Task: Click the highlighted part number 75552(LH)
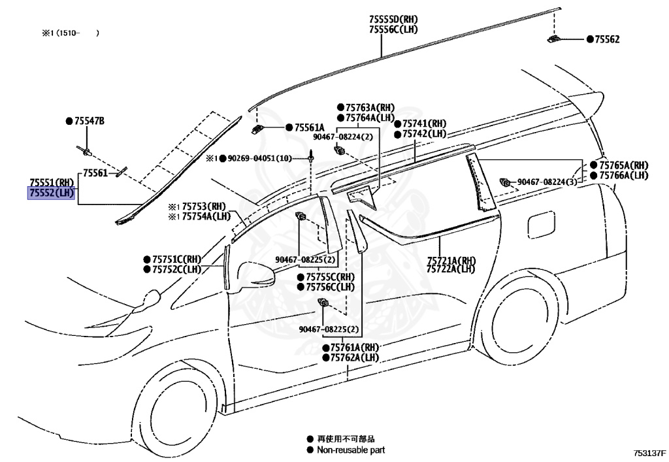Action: tap(51, 193)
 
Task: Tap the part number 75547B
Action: tap(89, 121)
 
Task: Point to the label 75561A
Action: tap(309, 127)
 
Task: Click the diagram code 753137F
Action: tap(648, 452)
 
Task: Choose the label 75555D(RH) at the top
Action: tap(393, 20)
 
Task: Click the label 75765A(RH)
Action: tap(623, 165)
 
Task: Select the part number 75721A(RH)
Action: tap(451, 259)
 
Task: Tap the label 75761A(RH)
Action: tap(354, 347)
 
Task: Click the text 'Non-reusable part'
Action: tap(351, 450)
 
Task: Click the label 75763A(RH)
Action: tap(370, 107)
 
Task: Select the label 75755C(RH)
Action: tap(329, 276)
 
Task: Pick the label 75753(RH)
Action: tap(203, 206)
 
